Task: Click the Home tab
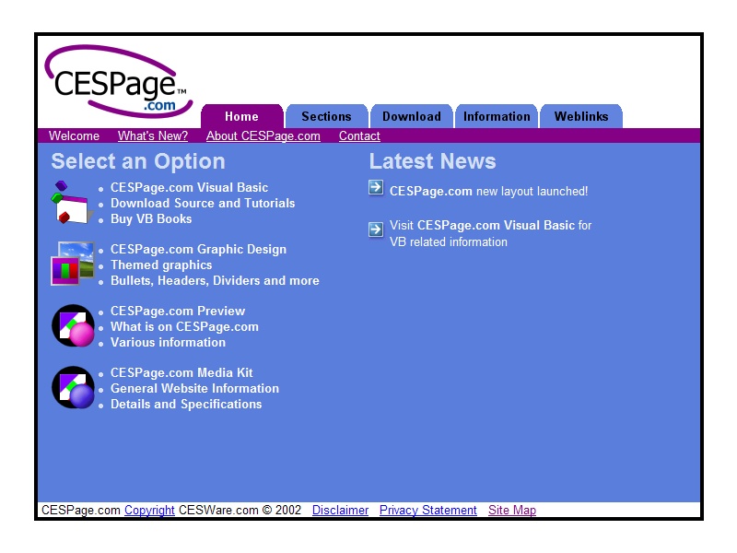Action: coord(242,116)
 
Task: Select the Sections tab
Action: coord(327,116)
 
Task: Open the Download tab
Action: coord(412,116)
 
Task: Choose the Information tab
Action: coord(497,116)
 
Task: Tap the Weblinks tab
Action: coord(581,116)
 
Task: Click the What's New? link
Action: coord(153,135)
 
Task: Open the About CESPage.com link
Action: coord(263,135)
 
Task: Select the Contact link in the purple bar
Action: coord(359,135)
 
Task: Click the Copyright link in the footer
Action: coord(149,511)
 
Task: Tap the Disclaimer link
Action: coord(340,511)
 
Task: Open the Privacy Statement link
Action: coord(428,511)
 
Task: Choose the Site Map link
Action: coord(512,511)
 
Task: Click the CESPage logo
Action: coord(119,81)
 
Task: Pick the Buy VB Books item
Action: coord(151,219)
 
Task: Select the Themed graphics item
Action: coord(161,265)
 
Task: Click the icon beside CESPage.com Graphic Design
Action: coord(73,264)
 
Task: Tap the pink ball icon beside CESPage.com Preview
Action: coord(73,325)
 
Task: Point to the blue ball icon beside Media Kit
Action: coord(73,387)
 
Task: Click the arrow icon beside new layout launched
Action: coord(376,188)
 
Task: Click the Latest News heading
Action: coord(432,161)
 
